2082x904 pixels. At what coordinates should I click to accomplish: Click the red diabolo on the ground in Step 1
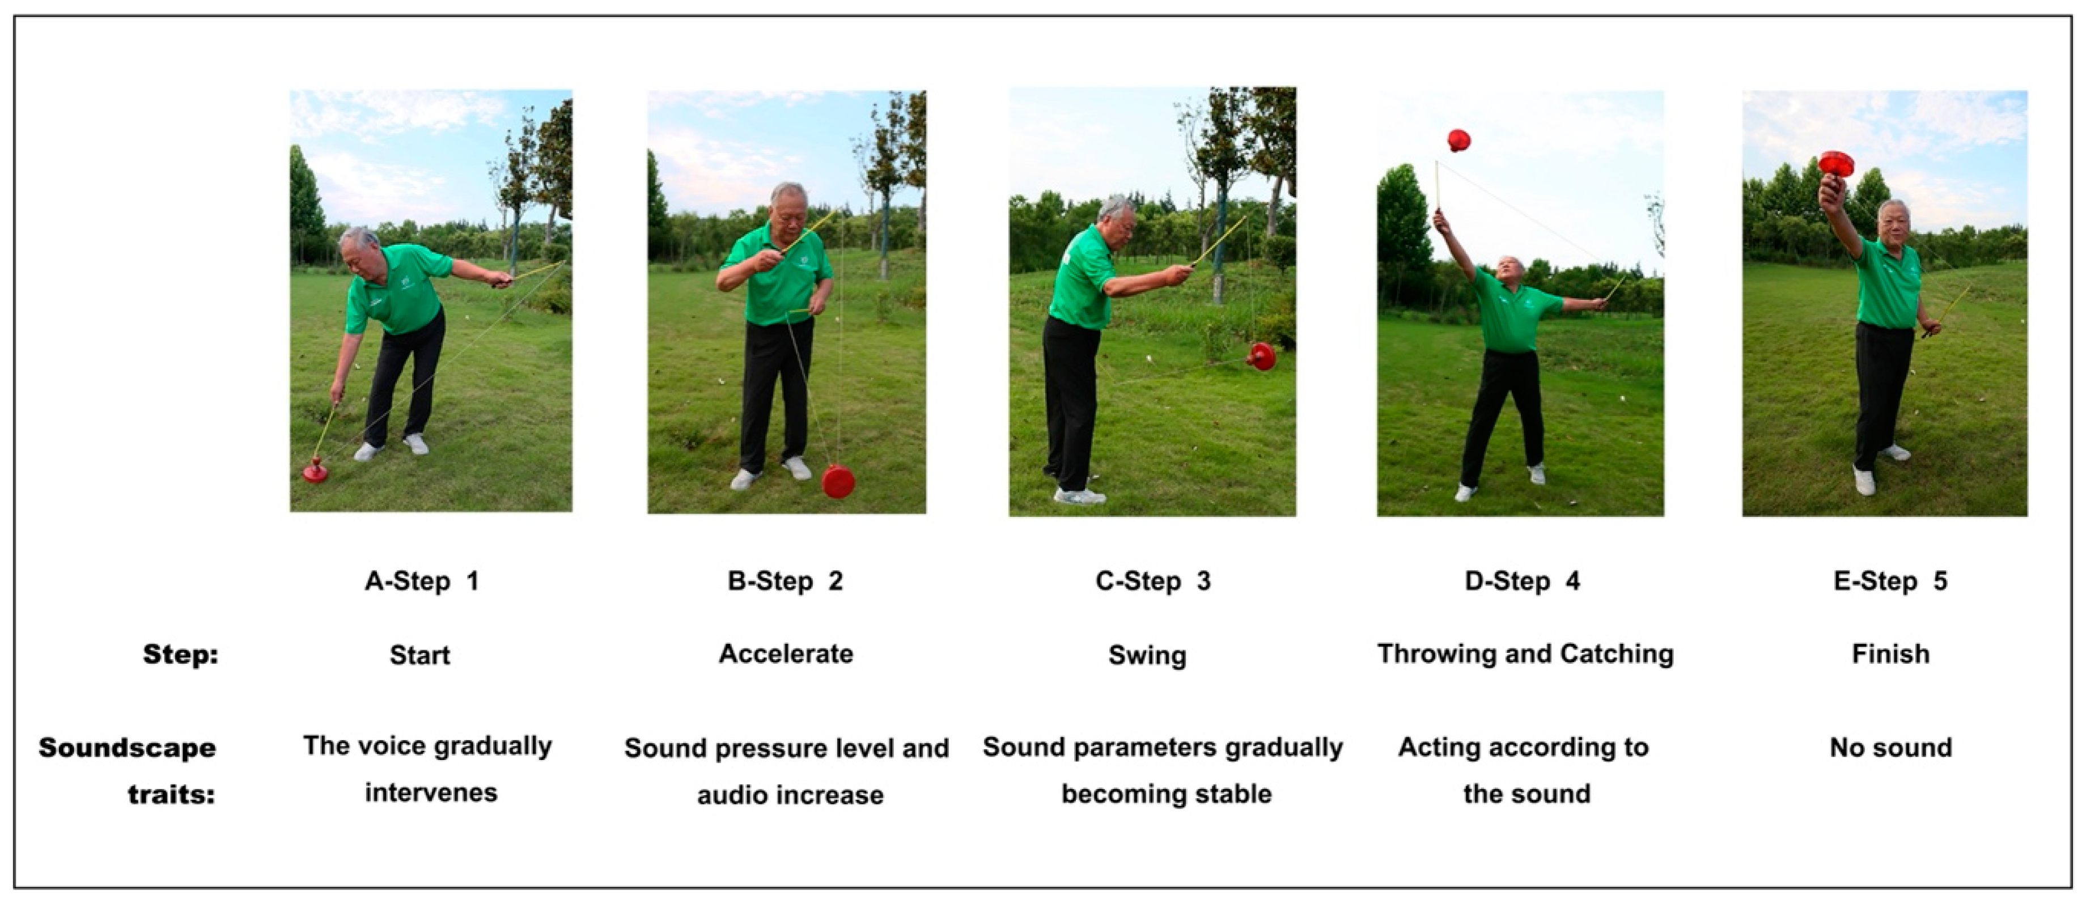(315, 470)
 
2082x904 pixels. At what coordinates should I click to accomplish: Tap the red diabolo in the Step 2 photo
(838, 482)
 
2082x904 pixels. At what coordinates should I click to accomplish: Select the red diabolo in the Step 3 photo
(1262, 356)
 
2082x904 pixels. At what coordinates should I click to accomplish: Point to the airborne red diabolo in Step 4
(1458, 141)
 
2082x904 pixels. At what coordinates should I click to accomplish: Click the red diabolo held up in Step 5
(1837, 163)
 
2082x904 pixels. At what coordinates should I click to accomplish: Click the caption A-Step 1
(422, 581)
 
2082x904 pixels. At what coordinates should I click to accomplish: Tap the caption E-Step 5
(1890, 581)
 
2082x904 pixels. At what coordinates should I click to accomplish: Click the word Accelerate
(786, 653)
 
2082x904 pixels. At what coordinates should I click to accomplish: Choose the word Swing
(1147, 655)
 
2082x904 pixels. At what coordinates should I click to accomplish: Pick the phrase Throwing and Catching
(1525, 653)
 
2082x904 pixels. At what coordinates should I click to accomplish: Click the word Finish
(1890, 653)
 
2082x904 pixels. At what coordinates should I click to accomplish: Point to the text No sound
(1890, 747)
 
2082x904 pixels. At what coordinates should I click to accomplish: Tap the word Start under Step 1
(419, 655)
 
